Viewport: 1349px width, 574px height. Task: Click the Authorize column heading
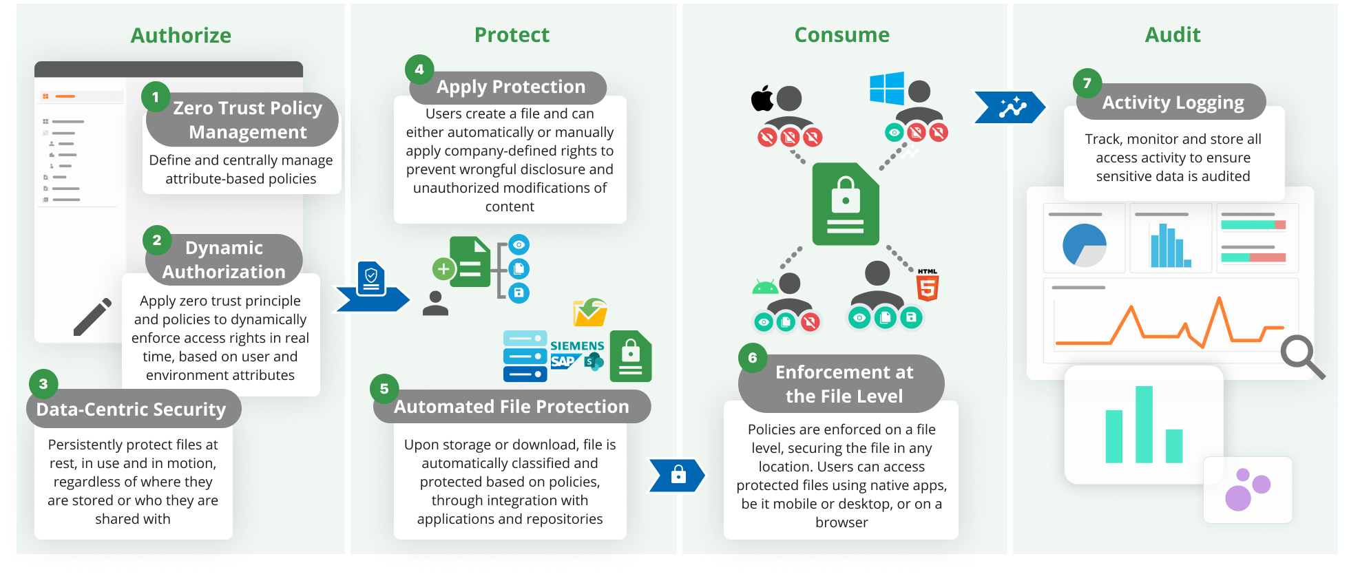click(181, 36)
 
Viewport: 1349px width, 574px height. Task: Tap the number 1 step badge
click(156, 97)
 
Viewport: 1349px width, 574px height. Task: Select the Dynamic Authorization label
click(224, 259)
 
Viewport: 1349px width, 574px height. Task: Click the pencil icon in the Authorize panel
click(93, 317)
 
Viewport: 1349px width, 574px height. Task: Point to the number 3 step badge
click(43, 384)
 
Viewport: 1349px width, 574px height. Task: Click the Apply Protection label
click(510, 87)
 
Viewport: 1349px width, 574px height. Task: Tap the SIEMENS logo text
click(577, 346)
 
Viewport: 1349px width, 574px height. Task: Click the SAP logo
click(563, 361)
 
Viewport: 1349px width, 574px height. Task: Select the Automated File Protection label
click(511, 407)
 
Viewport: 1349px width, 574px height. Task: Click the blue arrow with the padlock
click(678, 476)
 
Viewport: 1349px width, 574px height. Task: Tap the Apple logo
click(762, 98)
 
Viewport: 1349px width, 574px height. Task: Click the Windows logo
click(886, 89)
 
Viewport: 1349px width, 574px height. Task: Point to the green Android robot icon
click(765, 286)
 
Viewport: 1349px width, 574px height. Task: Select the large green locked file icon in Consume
click(846, 204)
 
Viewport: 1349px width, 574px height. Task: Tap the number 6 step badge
click(753, 358)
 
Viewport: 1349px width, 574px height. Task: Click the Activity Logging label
click(1173, 103)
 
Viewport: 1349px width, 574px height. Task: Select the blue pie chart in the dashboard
click(1084, 245)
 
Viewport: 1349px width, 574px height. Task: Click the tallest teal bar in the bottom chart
click(1144, 424)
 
